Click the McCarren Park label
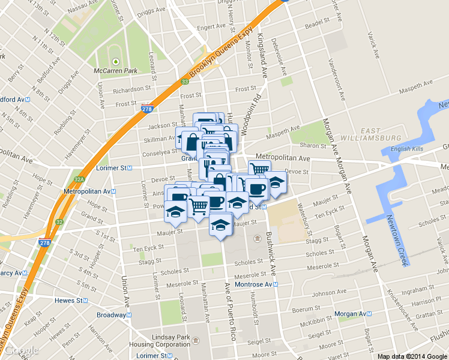[116, 71]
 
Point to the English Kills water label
[408, 149]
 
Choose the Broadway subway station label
[113, 314]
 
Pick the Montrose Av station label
[256, 284]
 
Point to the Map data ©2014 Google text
[412, 356]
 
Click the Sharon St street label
[312, 145]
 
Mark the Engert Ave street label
[211, 27]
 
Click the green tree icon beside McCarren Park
[115, 61]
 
